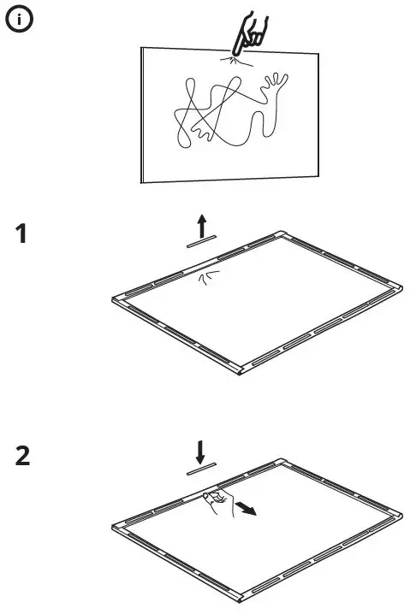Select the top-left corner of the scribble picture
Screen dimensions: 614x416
(141, 49)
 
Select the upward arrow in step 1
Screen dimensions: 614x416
(202, 226)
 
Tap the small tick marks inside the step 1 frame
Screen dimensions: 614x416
(205, 275)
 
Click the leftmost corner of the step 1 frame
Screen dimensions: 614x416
(116, 300)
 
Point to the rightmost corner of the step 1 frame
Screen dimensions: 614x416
(395, 288)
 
